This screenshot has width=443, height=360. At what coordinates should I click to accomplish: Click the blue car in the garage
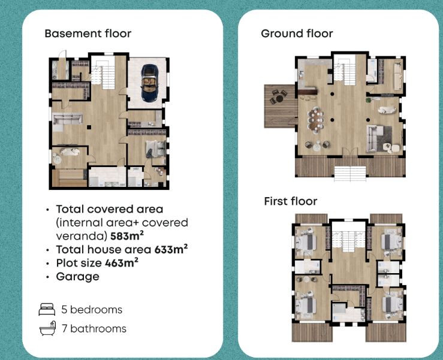149,83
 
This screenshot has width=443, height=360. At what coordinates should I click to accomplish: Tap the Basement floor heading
88,34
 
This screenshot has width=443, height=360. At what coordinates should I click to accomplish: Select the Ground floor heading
297,34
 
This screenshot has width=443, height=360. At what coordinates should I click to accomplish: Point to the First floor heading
290,201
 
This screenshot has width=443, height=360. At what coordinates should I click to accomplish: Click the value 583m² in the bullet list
127,236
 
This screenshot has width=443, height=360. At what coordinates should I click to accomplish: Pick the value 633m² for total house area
171,249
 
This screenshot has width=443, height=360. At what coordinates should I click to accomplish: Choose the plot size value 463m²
122,263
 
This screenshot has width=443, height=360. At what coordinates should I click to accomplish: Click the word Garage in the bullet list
78,277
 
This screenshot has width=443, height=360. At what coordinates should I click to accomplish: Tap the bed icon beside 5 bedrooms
47,310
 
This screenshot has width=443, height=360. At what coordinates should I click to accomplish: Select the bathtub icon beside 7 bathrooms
48,328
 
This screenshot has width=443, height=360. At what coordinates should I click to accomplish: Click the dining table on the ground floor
316,120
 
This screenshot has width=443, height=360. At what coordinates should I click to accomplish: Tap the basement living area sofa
68,119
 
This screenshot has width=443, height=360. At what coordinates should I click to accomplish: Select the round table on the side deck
279,99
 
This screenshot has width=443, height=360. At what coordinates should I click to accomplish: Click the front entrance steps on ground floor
350,174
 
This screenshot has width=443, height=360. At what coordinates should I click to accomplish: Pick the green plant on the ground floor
368,100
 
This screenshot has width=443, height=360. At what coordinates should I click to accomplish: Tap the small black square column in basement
89,128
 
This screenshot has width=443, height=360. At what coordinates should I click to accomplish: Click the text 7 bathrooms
94,329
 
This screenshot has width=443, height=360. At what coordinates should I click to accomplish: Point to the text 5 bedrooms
92,310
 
